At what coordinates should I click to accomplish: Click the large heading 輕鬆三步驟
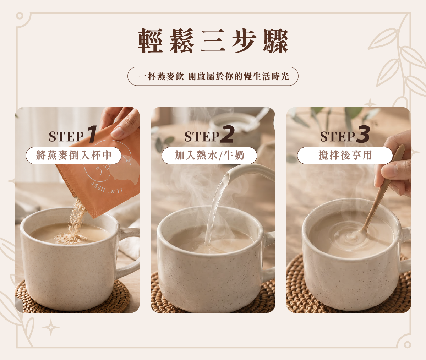coord(213,41)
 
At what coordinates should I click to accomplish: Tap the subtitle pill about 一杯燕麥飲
coord(213,76)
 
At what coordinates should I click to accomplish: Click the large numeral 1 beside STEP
coord(92,134)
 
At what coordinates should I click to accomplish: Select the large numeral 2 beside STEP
coord(228,134)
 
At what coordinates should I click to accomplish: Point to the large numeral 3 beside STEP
coord(363,134)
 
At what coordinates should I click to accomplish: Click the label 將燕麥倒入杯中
coord(73,156)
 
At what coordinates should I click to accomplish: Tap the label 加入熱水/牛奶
coord(209,156)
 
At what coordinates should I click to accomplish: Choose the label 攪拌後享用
coord(345,156)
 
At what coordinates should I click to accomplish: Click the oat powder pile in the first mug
coord(70,238)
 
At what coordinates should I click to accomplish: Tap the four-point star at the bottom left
coord(51,327)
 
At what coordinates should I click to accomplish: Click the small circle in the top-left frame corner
coord(20,16)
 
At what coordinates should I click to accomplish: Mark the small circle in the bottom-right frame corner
coord(407,345)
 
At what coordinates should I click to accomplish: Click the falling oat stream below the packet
coord(77,216)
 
